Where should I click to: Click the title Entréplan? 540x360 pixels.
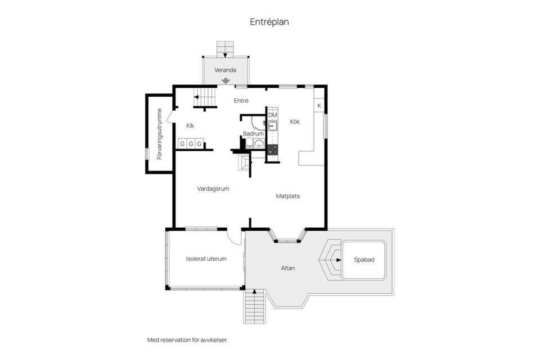tap(269, 22)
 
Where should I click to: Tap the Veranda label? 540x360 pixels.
tap(225, 70)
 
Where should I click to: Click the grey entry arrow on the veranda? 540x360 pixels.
tap(226, 80)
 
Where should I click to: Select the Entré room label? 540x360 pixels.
tap(241, 101)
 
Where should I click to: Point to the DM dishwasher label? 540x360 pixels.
tap(272, 115)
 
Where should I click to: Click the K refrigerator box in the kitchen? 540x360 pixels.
tap(319, 106)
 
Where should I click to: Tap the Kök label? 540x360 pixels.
tap(295, 121)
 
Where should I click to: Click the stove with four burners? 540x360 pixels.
tap(273, 149)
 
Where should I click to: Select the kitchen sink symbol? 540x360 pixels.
tap(273, 126)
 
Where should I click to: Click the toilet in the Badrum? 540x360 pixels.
tap(249, 143)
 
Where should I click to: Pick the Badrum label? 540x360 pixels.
tap(253, 134)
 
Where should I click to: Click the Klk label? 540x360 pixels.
tap(190, 126)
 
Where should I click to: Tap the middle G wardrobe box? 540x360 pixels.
tap(191, 143)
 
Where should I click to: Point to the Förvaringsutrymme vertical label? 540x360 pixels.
tap(159, 134)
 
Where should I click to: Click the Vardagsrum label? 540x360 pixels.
tap(213, 189)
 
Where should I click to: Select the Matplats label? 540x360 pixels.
tap(287, 196)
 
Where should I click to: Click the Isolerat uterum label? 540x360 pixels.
tap(206, 259)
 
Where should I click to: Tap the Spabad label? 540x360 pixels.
tap(364, 260)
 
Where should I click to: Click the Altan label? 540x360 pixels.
tap(288, 268)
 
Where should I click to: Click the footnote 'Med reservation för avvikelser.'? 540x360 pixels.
tap(188, 340)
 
